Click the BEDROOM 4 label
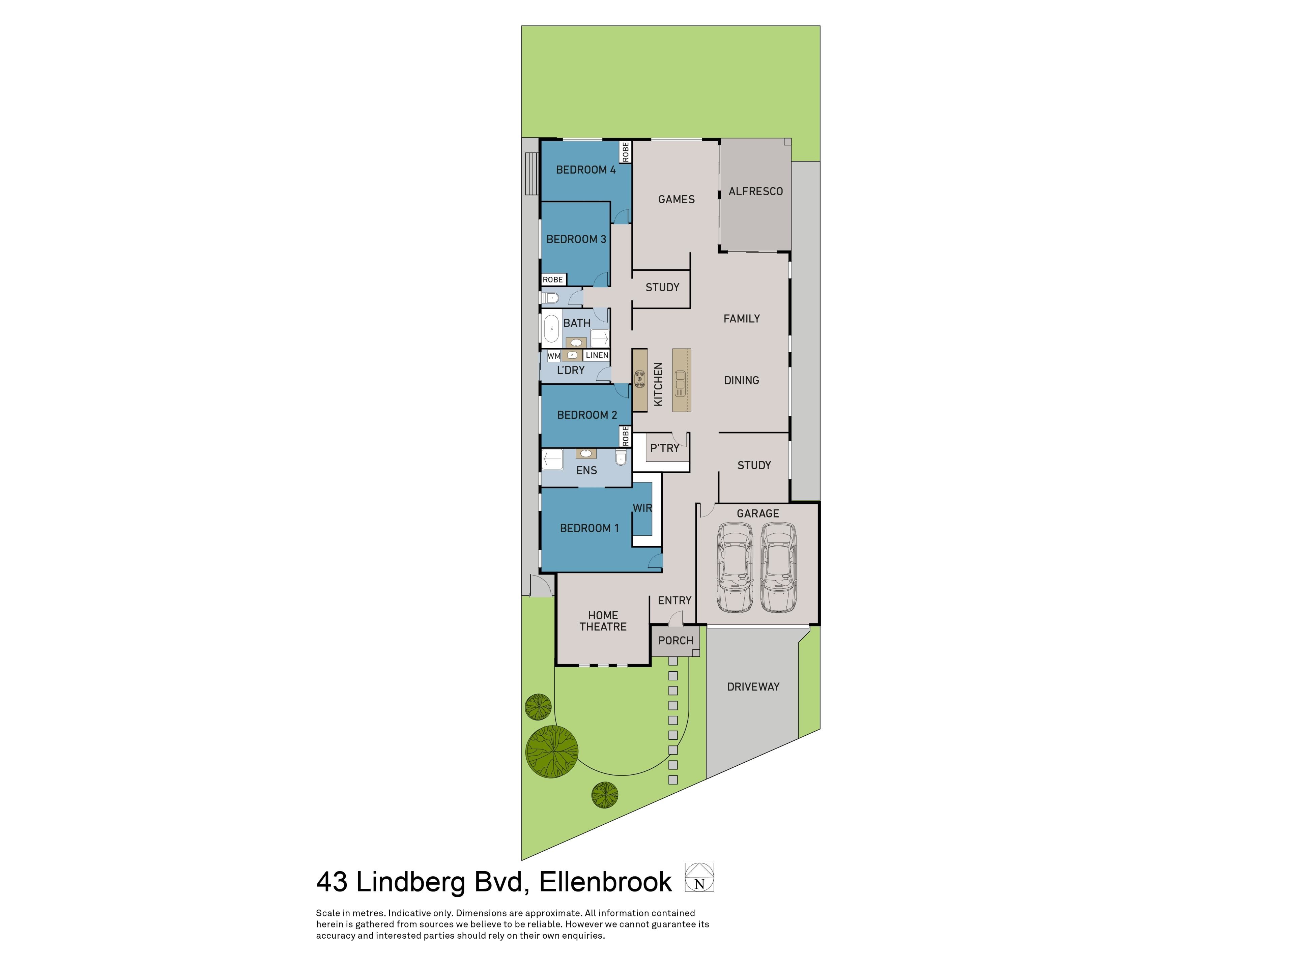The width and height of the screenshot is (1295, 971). click(x=585, y=170)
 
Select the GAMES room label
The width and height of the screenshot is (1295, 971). click(x=676, y=200)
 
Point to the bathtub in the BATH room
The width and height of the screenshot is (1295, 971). click(x=551, y=329)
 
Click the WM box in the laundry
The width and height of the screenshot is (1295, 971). click(x=554, y=356)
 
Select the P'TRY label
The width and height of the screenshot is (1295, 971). click(x=664, y=448)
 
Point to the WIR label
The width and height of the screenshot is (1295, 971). click(x=642, y=508)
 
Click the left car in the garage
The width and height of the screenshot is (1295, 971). click(x=735, y=568)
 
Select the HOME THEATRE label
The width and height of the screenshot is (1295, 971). click(x=603, y=621)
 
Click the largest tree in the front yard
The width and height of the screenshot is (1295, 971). click(x=551, y=751)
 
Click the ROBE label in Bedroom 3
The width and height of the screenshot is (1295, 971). click(x=553, y=280)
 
